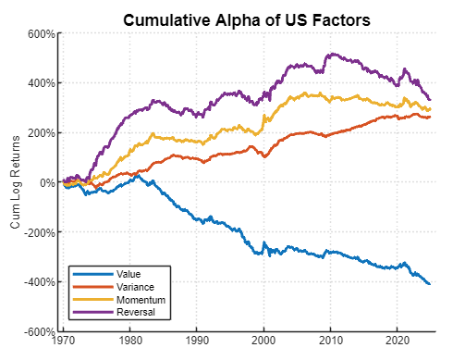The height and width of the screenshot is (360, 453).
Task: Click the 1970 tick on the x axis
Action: [x=64, y=341]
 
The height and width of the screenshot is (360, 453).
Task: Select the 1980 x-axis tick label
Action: [x=130, y=341]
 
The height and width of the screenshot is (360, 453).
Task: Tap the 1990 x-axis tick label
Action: [x=197, y=341]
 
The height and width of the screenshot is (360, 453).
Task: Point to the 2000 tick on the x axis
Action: [x=263, y=341]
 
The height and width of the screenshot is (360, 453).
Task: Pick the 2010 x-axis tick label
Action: [x=330, y=341]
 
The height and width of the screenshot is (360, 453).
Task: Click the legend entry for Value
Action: [x=129, y=275]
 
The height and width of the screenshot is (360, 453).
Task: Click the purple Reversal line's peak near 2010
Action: [x=331, y=55]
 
